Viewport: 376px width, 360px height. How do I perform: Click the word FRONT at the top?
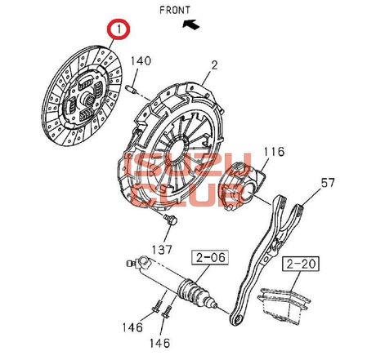pos(175,10)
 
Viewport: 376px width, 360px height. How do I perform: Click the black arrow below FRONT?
pos(191,24)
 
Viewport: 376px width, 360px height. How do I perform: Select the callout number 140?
pos(141,61)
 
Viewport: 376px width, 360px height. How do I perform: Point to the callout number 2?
pos(215,65)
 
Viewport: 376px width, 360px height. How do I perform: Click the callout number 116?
pos(274,152)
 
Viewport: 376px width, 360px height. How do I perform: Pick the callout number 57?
pos(327,183)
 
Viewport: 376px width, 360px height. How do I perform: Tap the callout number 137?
pos(162,250)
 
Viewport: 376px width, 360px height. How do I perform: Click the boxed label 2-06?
pos(210,257)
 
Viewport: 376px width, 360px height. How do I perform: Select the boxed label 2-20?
pos(300,264)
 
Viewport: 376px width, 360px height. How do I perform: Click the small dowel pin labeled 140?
pos(131,89)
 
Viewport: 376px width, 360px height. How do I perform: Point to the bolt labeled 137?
pos(170,220)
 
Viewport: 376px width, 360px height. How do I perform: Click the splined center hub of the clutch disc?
pos(87,100)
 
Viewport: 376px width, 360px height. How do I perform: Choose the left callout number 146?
pos(132,327)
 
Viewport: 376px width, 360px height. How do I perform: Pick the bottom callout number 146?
pos(159,343)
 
